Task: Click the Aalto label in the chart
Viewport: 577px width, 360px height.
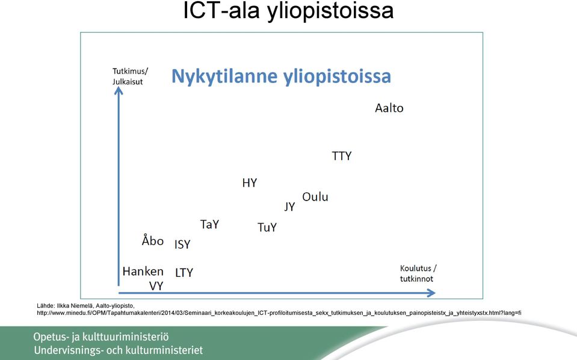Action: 389,108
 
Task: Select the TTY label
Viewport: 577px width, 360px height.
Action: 342,156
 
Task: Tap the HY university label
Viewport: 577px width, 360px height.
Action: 250,183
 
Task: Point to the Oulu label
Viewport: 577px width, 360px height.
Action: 315,197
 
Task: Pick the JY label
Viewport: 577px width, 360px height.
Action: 289,206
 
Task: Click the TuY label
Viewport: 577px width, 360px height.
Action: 267,228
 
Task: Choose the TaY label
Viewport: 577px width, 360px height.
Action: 209,224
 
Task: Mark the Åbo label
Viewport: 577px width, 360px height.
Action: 152,240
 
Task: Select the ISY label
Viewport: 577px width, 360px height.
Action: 182,244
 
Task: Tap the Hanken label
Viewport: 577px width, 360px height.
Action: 143,272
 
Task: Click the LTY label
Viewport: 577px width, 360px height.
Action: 184,273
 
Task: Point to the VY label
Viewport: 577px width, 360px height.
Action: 156,286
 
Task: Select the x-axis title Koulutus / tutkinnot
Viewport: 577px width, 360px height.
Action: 418,273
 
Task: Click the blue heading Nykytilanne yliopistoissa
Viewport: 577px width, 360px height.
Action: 281,76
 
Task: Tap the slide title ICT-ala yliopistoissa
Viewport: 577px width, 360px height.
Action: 288,11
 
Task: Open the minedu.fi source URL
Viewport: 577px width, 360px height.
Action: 279,313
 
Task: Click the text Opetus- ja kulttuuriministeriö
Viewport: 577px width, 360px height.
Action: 101,337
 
